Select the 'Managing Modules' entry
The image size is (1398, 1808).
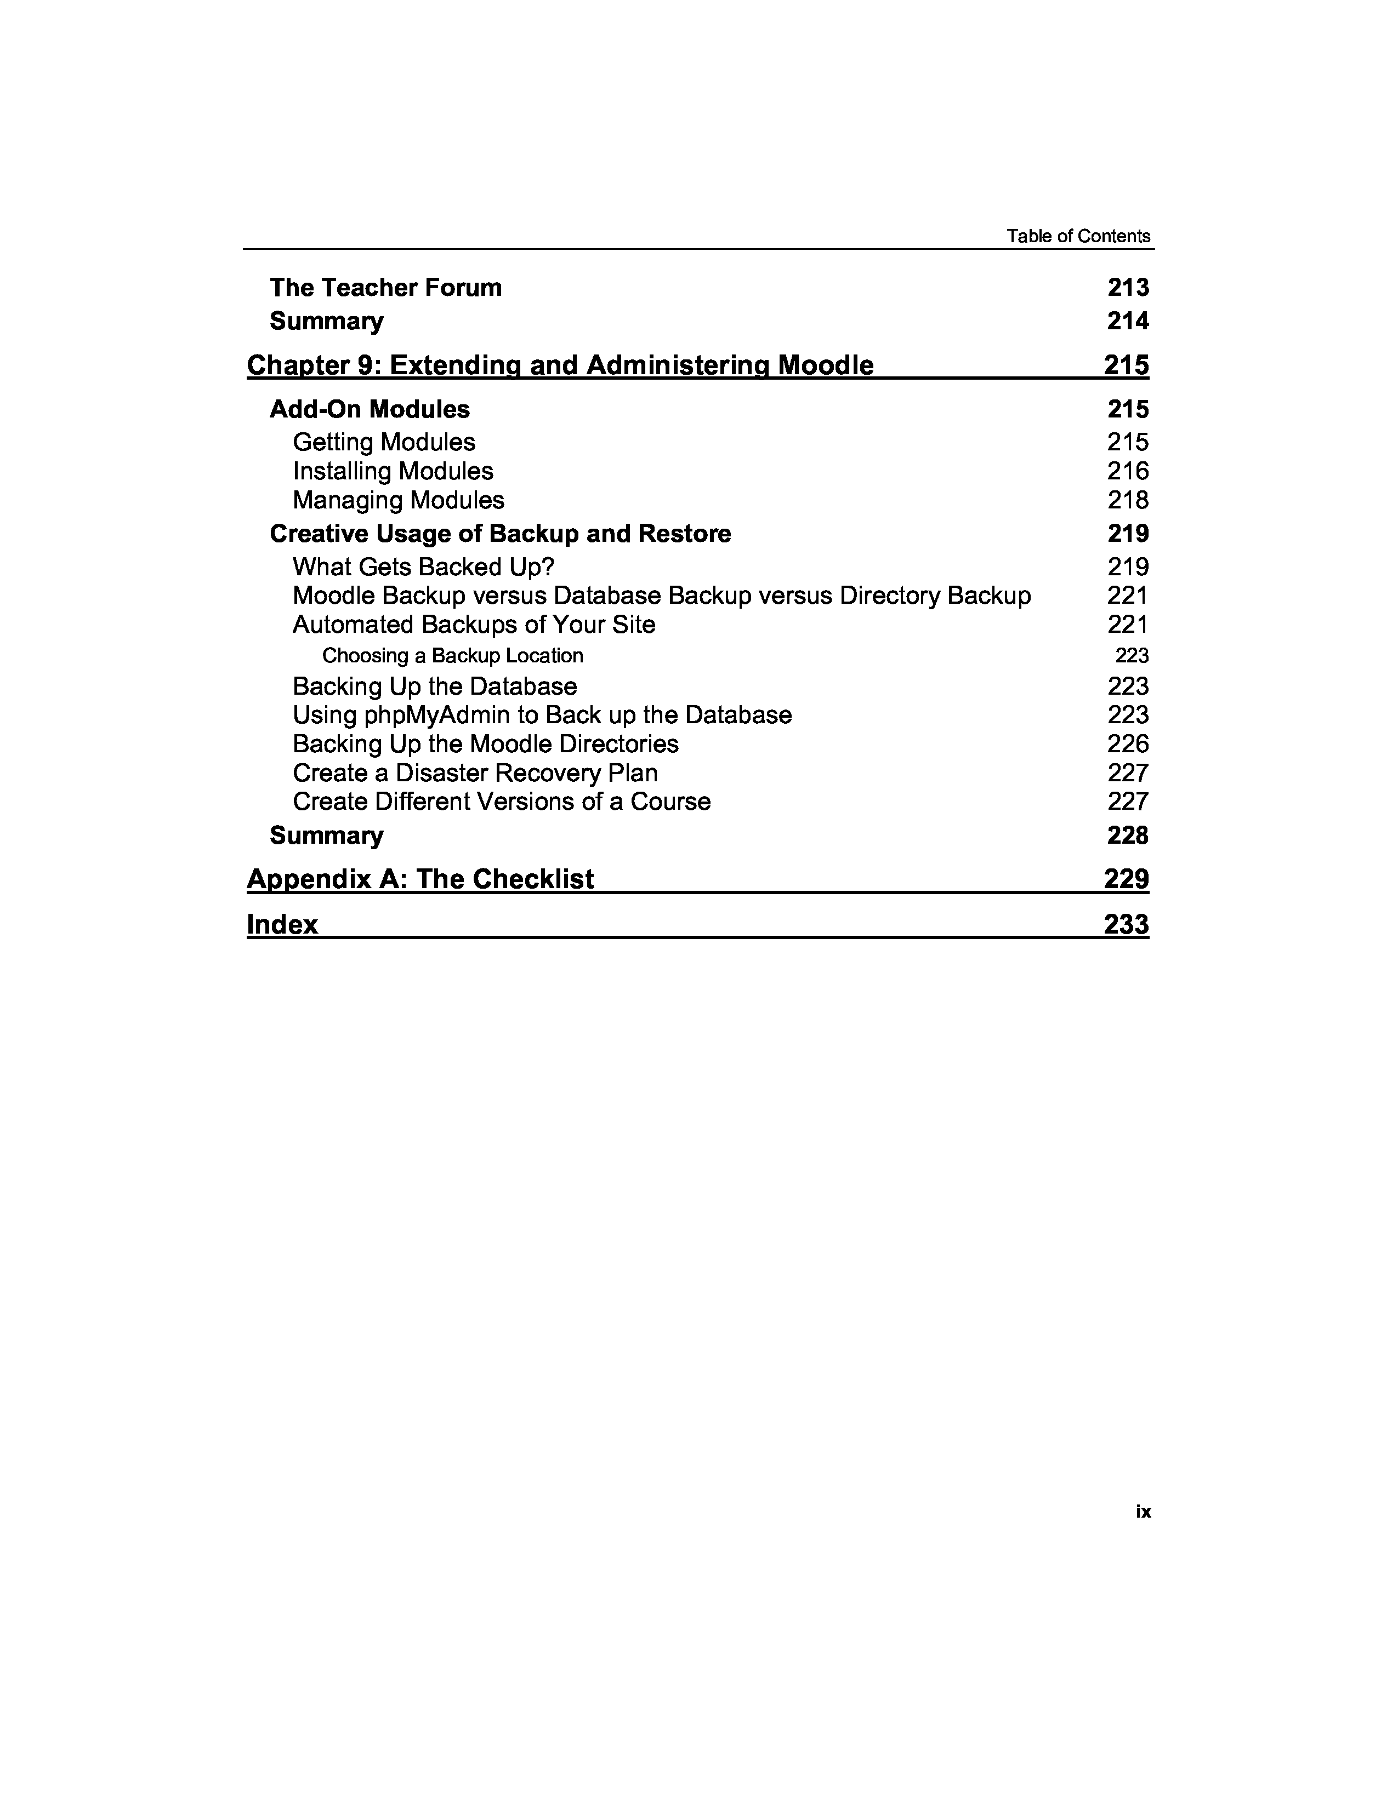pos(399,500)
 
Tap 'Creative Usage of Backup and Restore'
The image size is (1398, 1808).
pos(500,533)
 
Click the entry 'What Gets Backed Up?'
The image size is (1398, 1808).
pos(423,567)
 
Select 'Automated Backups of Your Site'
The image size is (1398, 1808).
pos(474,624)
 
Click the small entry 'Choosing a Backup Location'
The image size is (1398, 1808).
pos(452,656)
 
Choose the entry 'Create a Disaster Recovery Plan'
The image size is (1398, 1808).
pos(475,773)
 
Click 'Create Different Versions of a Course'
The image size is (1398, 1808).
pos(501,802)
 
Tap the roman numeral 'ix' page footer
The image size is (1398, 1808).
pos(1143,1511)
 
